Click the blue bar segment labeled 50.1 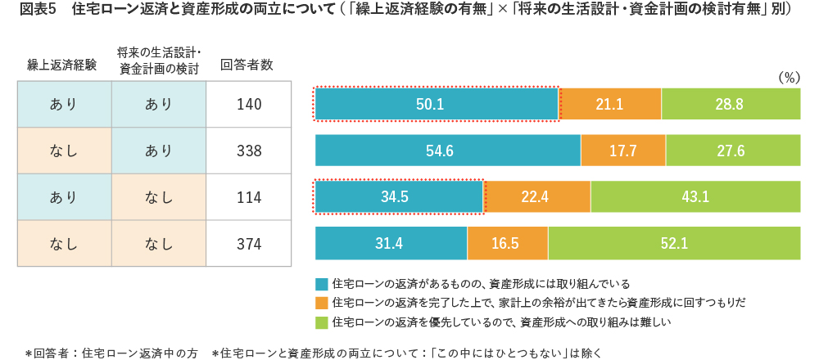pyautogui.click(x=437, y=105)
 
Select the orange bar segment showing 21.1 pyautogui.click(x=610, y=105)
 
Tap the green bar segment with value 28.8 pyautogui.click(x=731, y=105)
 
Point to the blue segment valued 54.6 pyautogui.click(x=448, y=151)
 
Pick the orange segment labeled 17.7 pyautogui.click(x=623, y=151)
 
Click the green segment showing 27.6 pyautogui.click(x=733, y=151)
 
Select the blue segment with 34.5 pyautogui.click(x=399, y=197)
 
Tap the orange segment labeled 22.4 pyautogui.click(x=536, y=197)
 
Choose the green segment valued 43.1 pyautogui.click(x=695, y=197)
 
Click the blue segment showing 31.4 pyautogui.click(x=391, y=244)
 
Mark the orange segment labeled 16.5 pyautogui.click(x=508, y=244)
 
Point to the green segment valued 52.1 pyautogui.click(x=674, y=244)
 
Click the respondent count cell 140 pyautogui.click(x=247, y=105)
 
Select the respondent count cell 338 pyautogui.click(x=247, y=151)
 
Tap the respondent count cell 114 pyautogui.click(x=247, y=197)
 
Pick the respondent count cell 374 pyautogui.click(x=247, y=244)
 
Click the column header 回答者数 pyautogui.click(x=247, y=65)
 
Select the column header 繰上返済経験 pyautogui.click(x=61, y=65)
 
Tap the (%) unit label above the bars pyautogui.click(x=788, y=77)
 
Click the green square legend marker pyautogui.click(x=321, y=322)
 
